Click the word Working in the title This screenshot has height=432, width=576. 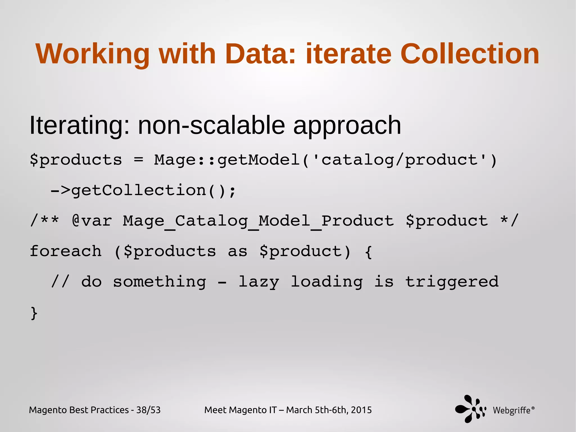[93, 54]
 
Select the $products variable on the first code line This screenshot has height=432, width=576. [76, 160]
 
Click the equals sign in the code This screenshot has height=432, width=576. [138, 160]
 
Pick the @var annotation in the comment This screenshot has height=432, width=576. [92, 221]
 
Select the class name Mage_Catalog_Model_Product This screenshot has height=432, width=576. [258, 221]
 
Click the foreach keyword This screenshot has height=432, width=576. [66, 251]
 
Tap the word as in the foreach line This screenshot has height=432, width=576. [237, 251]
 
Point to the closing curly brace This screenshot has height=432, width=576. [34, 313]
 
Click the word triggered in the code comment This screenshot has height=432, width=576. [452, 282]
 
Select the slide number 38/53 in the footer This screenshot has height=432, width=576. [148, 410]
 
